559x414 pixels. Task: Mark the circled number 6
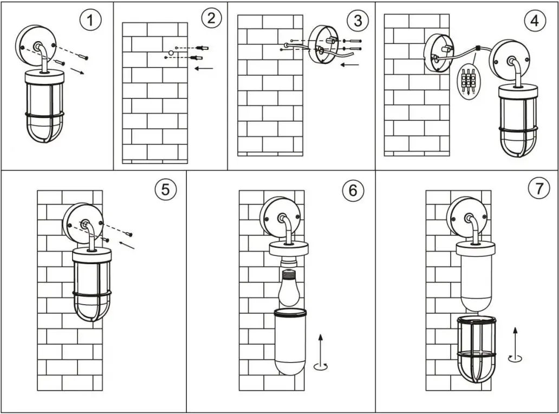pos(353,190)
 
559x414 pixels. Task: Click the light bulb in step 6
pos(289,286)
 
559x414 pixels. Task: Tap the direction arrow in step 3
pos(350,65)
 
